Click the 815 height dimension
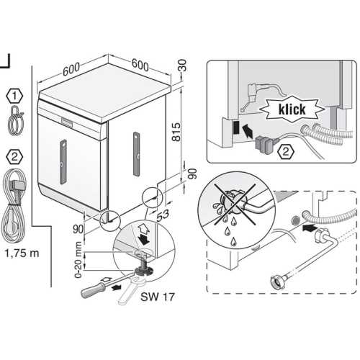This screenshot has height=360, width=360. coord(176,132)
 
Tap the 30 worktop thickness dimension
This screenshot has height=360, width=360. coord(183,66)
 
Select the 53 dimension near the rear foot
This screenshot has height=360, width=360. coord(163,215)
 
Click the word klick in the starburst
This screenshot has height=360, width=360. coord(292,109)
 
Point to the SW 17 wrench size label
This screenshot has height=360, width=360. coord(158,297)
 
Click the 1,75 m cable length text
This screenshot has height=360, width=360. coord(22,253)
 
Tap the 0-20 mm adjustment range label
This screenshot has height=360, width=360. coord(78,260)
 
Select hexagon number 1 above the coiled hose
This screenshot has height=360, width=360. coord(14,96)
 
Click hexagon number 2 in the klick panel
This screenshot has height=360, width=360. coord(286,151)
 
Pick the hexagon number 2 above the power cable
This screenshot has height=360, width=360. coord(14,157)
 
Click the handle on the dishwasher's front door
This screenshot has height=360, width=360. coord(63,162)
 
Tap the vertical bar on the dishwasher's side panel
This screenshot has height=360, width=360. coord(136,154)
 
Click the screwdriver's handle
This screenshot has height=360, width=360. coord(93,289)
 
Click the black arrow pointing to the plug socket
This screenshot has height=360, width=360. coord(248,131)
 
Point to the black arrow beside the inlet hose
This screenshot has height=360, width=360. coord(309,228)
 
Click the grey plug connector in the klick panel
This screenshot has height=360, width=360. coord(265,144)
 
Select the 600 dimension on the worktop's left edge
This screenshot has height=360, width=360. coord(71,69)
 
